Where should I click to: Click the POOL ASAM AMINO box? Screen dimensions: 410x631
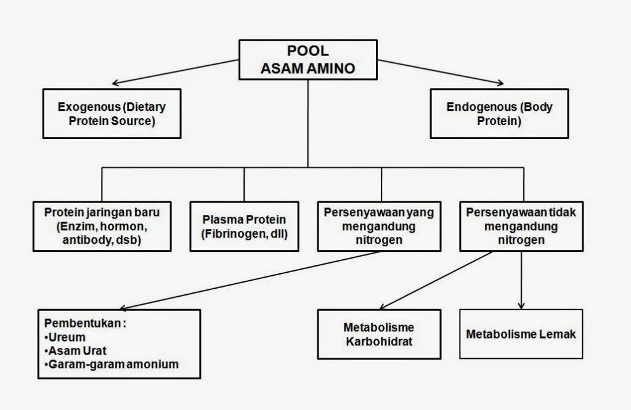point(307,60)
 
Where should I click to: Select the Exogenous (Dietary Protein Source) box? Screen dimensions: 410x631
point(112,114)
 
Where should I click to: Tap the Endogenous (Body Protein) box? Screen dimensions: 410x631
point(499,114)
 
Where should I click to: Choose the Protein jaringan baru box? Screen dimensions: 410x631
point(102,226)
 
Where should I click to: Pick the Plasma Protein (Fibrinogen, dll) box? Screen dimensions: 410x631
point(244,227)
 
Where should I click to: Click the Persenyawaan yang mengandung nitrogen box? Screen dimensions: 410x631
point(379,226)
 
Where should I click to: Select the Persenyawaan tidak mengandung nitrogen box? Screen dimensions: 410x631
point(521,226)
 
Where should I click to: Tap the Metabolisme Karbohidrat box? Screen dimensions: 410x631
point(379,334)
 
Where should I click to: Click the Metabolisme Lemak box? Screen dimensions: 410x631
point(521,334)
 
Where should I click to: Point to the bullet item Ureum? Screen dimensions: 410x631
point(67,337)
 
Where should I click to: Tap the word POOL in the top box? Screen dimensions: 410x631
point(307,52)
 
